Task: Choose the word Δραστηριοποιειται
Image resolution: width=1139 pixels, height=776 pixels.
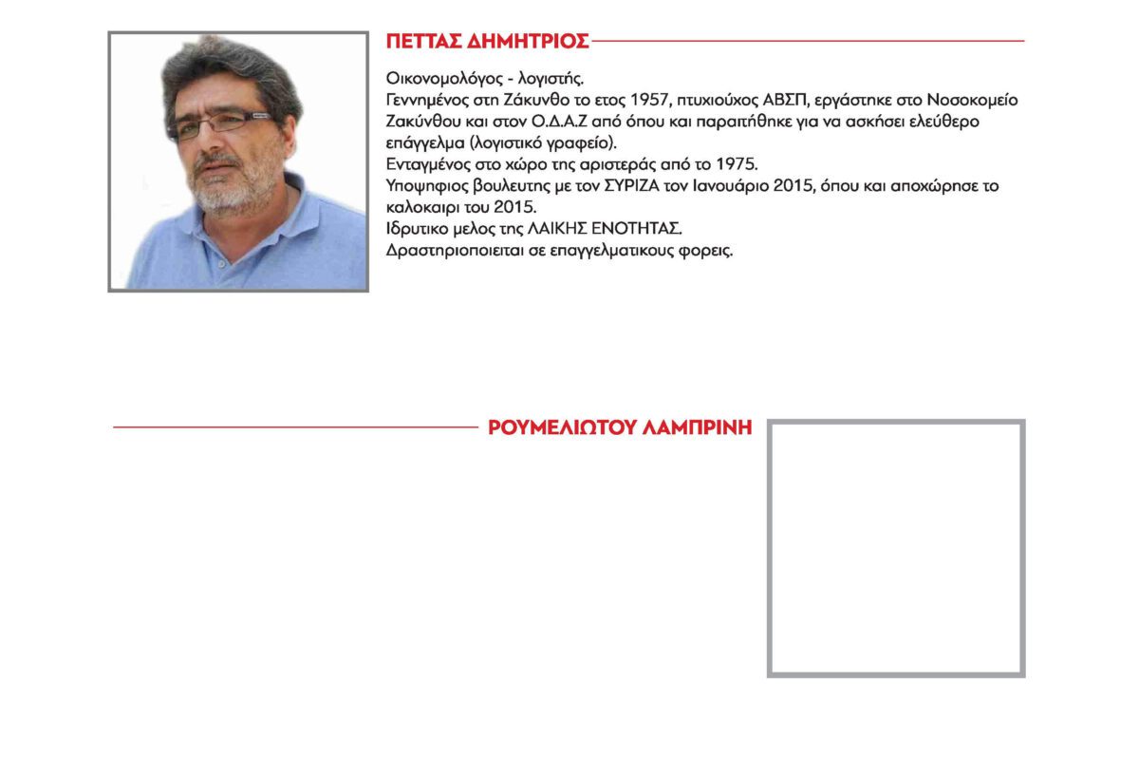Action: [454, 252]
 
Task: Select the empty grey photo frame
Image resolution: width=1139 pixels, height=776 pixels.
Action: [896, 548]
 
